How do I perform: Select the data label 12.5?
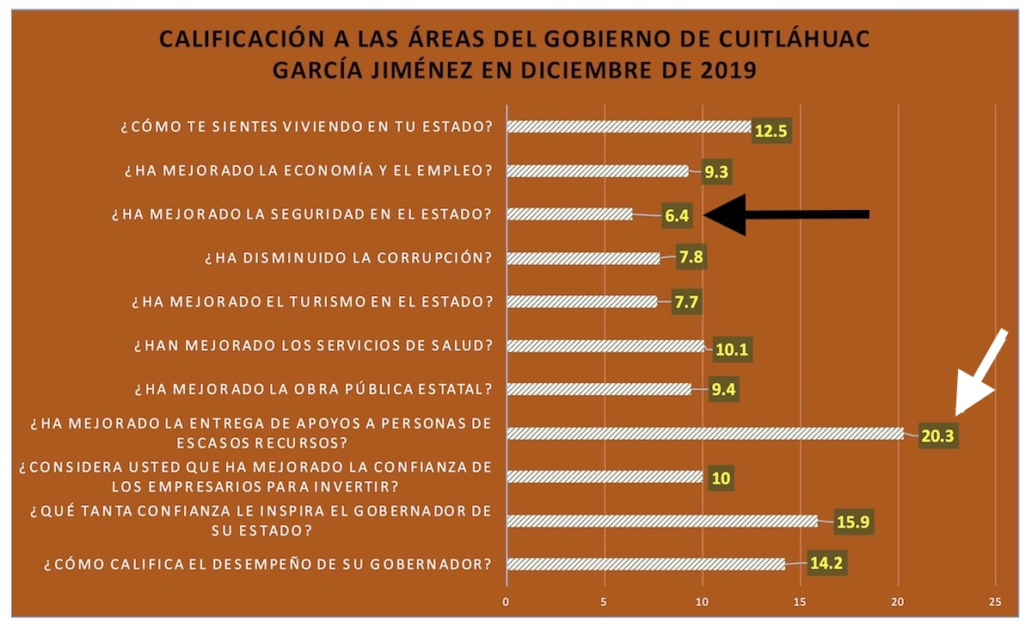tap(771, 132)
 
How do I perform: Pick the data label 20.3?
tap(938, 436)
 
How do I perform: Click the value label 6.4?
tap(677, 216)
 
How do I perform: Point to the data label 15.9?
tap(853, 523)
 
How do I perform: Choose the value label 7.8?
tap(689, 260)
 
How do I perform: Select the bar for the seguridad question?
tap(569, 214)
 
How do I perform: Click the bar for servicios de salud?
tap(605, 346)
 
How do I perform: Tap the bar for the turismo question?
tap(582, 302)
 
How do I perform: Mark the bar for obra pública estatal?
tap(599, 389)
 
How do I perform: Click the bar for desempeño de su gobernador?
tap(646, 565)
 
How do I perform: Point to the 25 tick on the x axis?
tap(996, 602)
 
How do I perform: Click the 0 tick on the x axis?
tap(507, 602)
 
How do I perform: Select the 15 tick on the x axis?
tap(800, 602)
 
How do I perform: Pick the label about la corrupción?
tap(347, 258)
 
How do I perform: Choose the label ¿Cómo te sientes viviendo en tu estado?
tap(306, 127)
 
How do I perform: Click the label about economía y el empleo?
tap(308, 170)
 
